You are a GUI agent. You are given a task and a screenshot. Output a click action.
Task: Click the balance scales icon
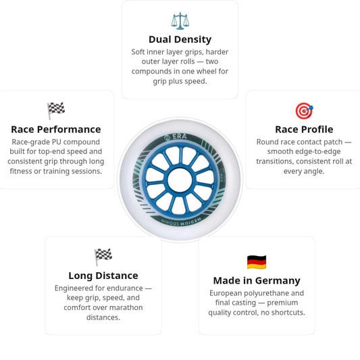(180, 21)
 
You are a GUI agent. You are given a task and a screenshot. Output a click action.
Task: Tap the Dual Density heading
(180, 39)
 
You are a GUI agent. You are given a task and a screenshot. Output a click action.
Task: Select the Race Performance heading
(56, 130)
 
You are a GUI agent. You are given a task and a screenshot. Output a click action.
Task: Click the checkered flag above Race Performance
(56, 111)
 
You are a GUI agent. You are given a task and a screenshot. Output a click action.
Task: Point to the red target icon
(304, 111)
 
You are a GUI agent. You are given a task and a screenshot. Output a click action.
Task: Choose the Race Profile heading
(304, 130)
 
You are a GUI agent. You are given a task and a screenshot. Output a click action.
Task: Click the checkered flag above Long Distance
(103, 257)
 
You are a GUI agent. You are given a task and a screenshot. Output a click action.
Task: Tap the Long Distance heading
(103, 276)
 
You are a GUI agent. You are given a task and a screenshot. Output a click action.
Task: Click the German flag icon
(257, 262)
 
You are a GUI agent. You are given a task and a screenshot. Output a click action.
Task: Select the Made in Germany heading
(257, 280)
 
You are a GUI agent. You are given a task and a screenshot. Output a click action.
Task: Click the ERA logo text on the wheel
(180, 137)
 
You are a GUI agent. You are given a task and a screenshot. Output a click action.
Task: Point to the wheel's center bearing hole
(180, 180)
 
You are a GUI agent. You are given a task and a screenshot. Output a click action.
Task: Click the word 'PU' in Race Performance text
(57, 142)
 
